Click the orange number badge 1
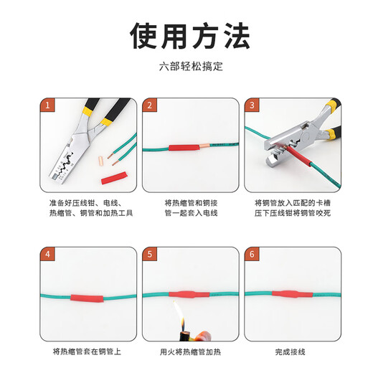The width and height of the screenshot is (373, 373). [x=47, y=105]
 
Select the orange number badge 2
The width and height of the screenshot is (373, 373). [x=149, y=105]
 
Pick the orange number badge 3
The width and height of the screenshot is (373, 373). [x=252, y=105]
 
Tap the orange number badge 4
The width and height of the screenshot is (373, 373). [x=47, y=255]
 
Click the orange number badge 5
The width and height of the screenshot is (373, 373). [x=149, y=255]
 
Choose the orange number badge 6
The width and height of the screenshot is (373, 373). [x=252, y=255]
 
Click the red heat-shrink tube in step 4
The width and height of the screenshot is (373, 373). [x=87, y=296]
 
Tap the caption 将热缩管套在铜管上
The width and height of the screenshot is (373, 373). [x=88, y=351]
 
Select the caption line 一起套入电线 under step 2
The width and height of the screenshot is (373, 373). [x=190, y=213]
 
